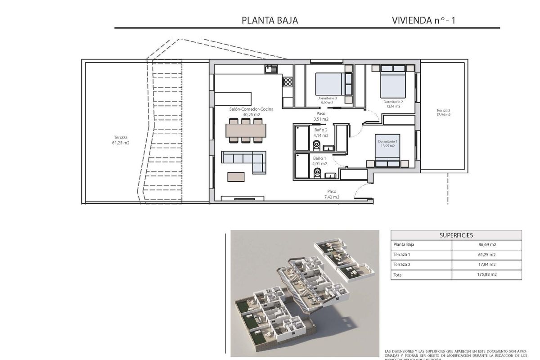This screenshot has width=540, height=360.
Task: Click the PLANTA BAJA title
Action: (x=270, y=20)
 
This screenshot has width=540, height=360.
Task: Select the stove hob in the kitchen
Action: (x=288, y=82)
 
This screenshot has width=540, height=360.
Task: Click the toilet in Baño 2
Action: (x=316, y=144)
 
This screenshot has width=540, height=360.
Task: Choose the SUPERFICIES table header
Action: (x=456, y=235)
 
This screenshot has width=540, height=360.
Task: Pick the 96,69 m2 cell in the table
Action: (x=486, y=245)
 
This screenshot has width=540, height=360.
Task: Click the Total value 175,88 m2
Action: (x=486, y=274)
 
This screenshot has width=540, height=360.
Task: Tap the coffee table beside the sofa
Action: (x=237, y=176)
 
